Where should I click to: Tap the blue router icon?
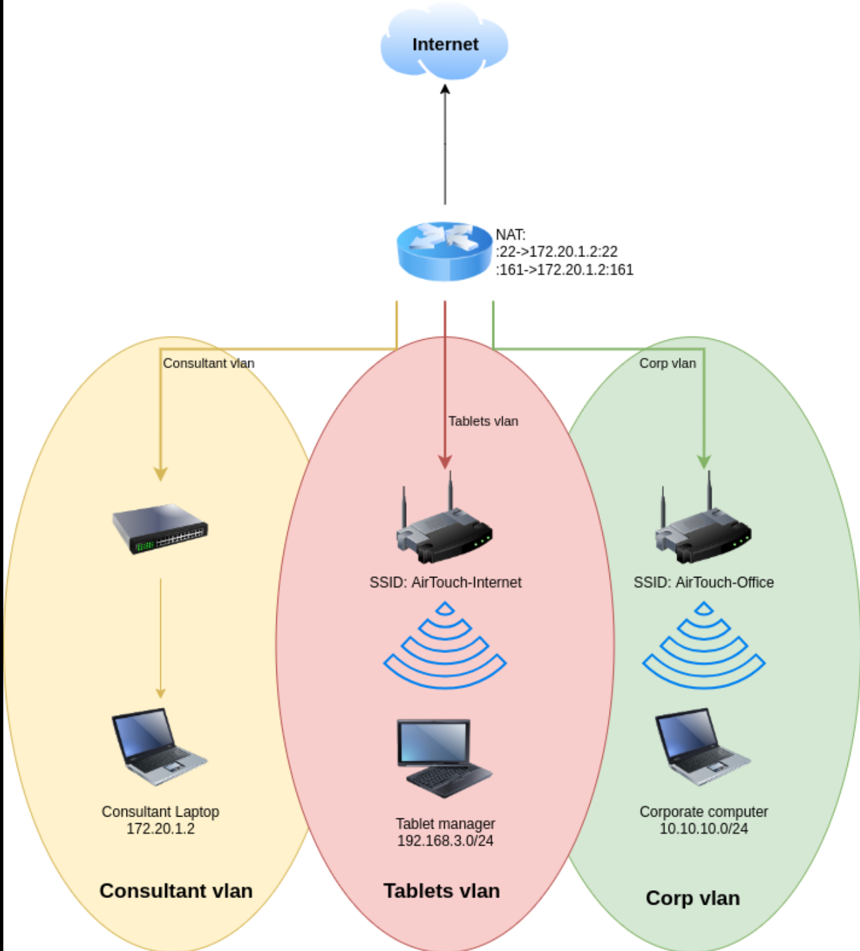tap(444, 251)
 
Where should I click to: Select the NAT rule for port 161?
tap(564, 270)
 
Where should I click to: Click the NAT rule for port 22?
tap(557, 252)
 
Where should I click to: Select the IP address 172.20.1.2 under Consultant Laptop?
tap(160, 828)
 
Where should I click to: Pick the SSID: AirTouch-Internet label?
tap(445, 582)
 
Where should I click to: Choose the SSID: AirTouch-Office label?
tap(704, 582)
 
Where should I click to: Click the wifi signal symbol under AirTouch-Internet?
tap(445, 645)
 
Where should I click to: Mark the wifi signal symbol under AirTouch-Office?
tap(704, 645)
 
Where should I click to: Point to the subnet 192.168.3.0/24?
tap(445, 840)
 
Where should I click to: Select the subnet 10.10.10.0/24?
tap(704, 828)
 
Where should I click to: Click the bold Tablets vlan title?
tap(441, 891)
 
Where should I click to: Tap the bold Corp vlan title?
tap(692, 898)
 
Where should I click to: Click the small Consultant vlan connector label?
tap(209, 363)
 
